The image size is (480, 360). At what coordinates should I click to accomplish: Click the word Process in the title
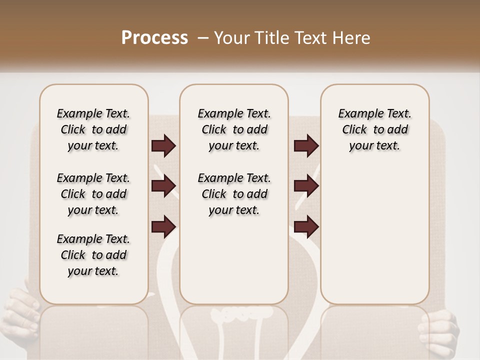coord(154,37)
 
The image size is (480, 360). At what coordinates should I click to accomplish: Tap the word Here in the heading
coord(353,38)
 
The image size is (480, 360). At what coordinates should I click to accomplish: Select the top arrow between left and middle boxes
coord(163,146)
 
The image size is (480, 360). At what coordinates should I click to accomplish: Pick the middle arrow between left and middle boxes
coord(163,186)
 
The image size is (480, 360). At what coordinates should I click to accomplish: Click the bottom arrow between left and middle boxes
coord(163,226)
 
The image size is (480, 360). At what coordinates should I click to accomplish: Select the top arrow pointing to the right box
coord(306,146)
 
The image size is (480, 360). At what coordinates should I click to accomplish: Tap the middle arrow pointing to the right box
coord(306,186)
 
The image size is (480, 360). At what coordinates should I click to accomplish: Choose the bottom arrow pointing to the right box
coord(306,226)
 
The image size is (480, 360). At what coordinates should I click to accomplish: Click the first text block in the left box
coord(93,129)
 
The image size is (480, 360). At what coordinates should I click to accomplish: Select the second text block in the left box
coord(93,194)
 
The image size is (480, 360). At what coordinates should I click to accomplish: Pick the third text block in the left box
coord(93,255)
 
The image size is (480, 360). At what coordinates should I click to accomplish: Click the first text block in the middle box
coord(234,129)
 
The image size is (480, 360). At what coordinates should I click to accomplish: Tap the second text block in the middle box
coord(234,194)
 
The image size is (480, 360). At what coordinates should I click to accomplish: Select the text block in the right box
coord(375,129)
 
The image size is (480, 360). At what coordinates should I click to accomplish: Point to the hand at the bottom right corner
coord(442,330)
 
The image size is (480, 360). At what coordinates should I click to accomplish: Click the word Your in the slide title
coord(229,38)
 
